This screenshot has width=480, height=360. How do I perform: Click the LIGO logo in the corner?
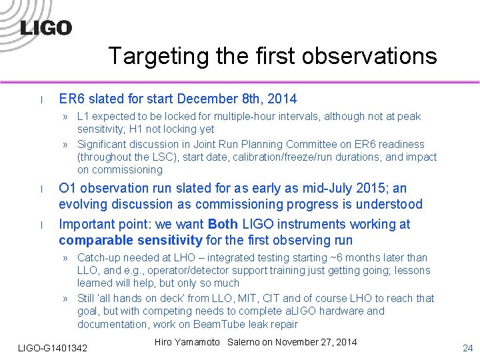tap(45, 27)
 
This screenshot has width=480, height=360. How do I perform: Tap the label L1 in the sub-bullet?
tap(84, 117)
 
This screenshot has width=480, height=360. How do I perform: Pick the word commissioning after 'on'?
tap(127, 170)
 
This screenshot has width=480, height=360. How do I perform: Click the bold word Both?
tap(225, 224)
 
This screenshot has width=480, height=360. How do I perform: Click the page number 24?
tap(467, 348)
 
